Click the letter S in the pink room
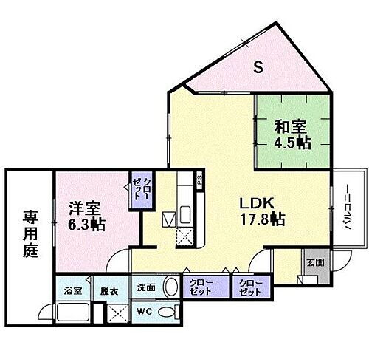pyautogui.click(x=258, y=69)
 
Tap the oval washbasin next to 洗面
pyautogui.click(x=170, y=287)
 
